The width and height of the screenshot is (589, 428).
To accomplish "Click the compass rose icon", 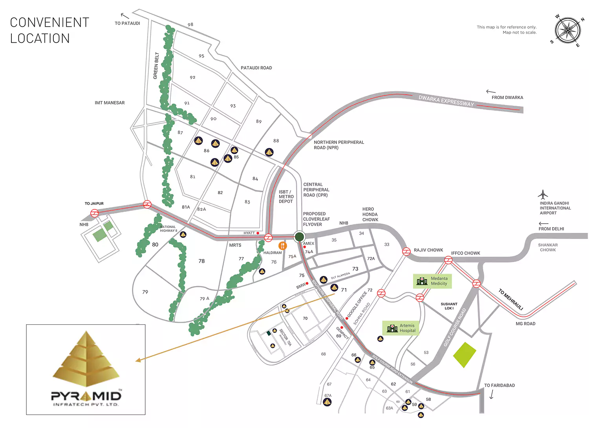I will (567, 30).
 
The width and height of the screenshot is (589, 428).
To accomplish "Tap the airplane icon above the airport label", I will (543, 195).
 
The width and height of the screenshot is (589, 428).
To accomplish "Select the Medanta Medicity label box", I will (432, 281).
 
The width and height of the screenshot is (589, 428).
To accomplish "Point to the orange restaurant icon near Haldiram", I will (282, 246).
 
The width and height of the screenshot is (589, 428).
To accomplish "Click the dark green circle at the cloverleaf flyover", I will (299, 236).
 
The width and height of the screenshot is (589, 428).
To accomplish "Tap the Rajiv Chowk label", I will (428, 250).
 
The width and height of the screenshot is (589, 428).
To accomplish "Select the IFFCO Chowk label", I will (465, 253).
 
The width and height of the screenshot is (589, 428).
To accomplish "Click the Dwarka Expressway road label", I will (446, 101).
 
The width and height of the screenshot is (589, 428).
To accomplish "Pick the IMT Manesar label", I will (110, 103).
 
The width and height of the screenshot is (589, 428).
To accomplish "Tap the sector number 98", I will (190, 25).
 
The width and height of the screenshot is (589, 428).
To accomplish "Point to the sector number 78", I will (201, 261).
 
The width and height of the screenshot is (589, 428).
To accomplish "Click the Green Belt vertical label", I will (156, 66).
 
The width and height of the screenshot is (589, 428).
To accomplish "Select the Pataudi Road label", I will (256, 68).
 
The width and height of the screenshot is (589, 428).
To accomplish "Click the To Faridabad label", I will (499, 386).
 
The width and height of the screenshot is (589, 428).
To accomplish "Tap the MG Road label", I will (525, 324).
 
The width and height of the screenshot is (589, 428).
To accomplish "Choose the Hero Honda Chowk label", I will (370, 215).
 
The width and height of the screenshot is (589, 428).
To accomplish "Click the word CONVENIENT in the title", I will (49, 23).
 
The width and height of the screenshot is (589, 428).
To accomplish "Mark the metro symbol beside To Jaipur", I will (95, 213).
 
